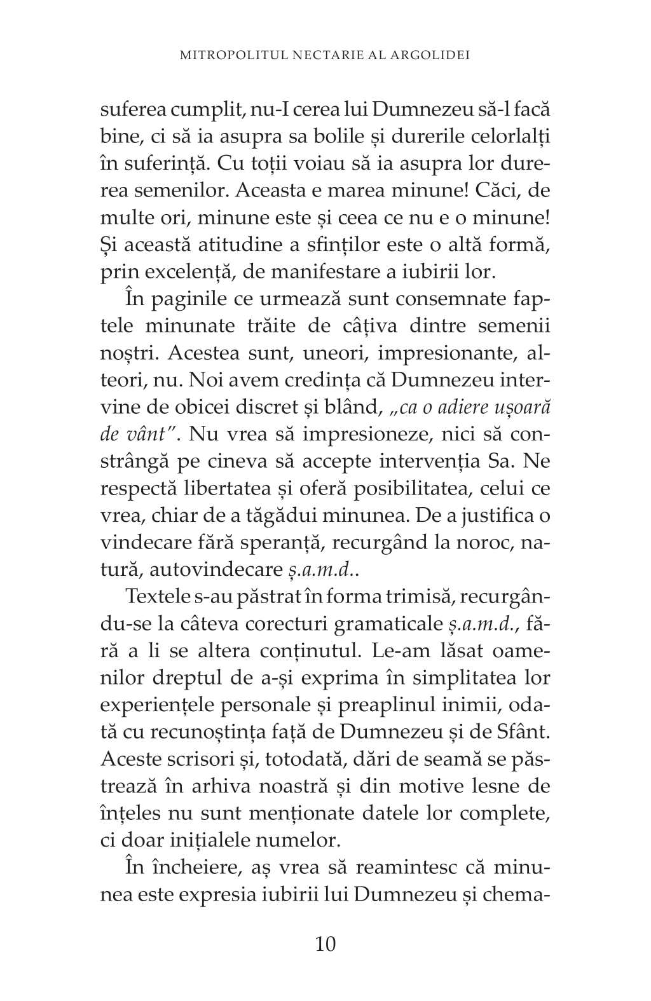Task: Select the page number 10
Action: click(325, 943)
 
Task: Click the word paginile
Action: click(188, 299)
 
